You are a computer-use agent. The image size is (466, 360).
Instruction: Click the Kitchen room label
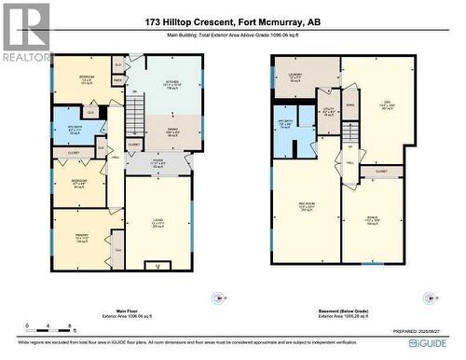coord(172,86)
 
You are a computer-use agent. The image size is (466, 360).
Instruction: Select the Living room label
coord(158,222)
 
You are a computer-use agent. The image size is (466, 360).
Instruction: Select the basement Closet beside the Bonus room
coord(381,173)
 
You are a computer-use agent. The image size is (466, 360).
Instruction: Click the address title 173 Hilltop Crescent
coord(232,21)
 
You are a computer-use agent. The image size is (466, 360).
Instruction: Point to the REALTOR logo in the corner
coord(25,33)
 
